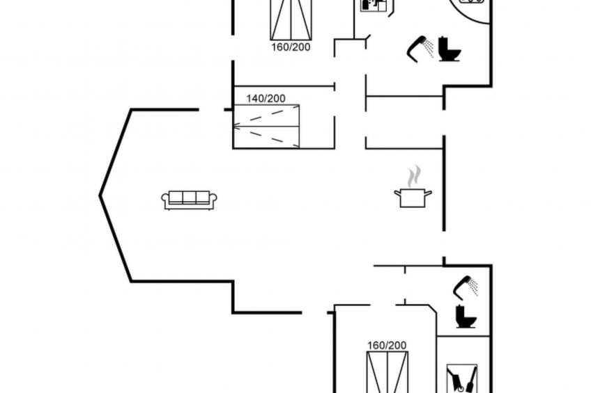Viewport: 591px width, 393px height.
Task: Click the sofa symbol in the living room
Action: [190, 200]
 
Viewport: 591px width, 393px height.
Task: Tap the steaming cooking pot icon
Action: [413, 197]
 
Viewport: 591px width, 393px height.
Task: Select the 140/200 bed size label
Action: [266, 99]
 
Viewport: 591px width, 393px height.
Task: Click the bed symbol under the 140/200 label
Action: [266, 126]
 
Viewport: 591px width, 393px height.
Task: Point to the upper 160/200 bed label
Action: [291, 47]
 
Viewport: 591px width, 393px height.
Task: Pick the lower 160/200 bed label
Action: [387, 345]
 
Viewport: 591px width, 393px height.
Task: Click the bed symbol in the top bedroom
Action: [291, 19]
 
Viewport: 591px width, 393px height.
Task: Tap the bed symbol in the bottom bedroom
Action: [387, 372]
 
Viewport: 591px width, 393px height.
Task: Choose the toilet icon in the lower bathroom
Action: [466, 316]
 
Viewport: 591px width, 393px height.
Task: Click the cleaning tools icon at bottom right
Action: [461, 378]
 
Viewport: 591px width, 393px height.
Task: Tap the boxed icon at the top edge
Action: [374, 4]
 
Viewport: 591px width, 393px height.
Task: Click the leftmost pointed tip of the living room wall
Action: [100, 195]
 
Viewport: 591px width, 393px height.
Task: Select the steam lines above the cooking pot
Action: [415, 175]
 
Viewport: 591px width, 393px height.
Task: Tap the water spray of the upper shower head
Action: [429, 49]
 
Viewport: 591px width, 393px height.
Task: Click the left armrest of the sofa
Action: [165, 200]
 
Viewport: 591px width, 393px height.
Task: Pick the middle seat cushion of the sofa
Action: [190, 198]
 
